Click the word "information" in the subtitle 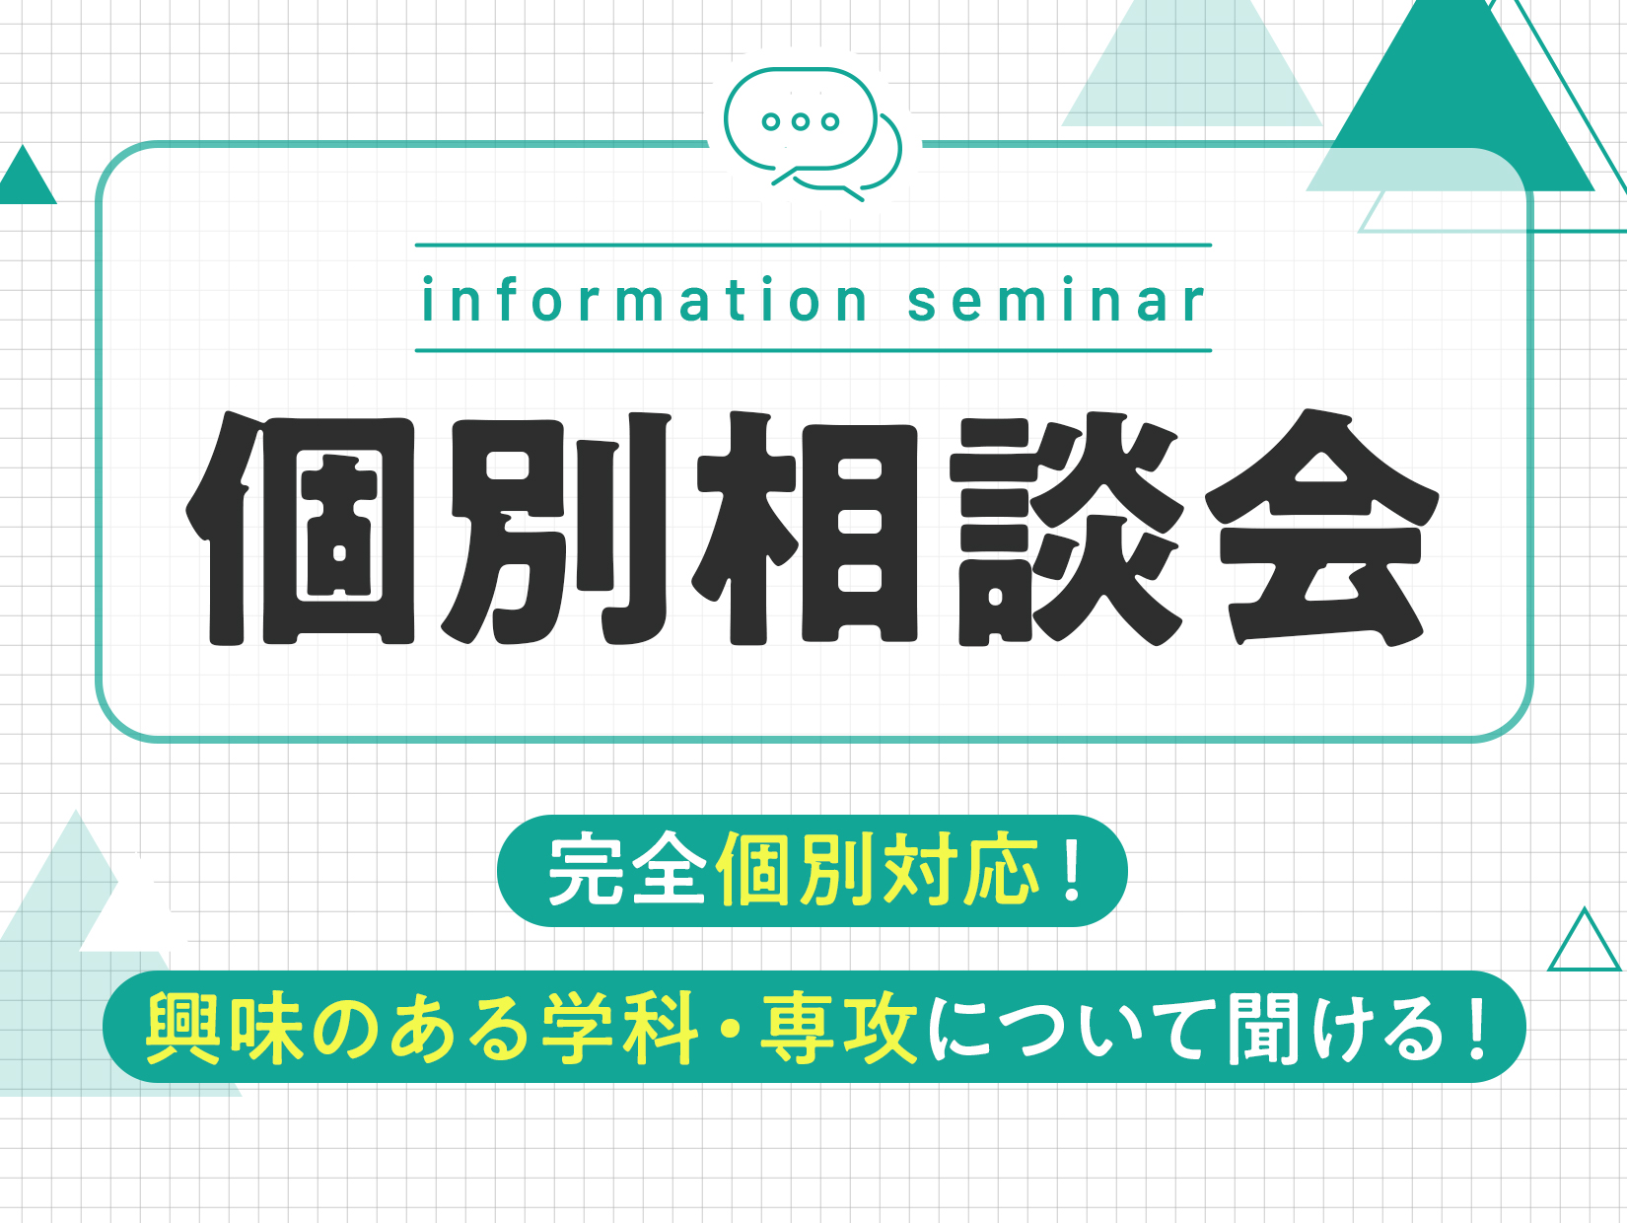pos(643,300)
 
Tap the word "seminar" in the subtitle pos(1057,300)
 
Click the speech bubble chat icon pos(813,134)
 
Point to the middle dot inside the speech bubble pos(800,121)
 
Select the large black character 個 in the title pos(300,529)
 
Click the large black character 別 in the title pos(556,529)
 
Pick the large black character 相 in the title pos(805,529)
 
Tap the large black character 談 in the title pos(1067,529)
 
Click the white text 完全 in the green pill pos(627,869)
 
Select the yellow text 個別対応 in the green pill pos(880,869)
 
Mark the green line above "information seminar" pos(813,245)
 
